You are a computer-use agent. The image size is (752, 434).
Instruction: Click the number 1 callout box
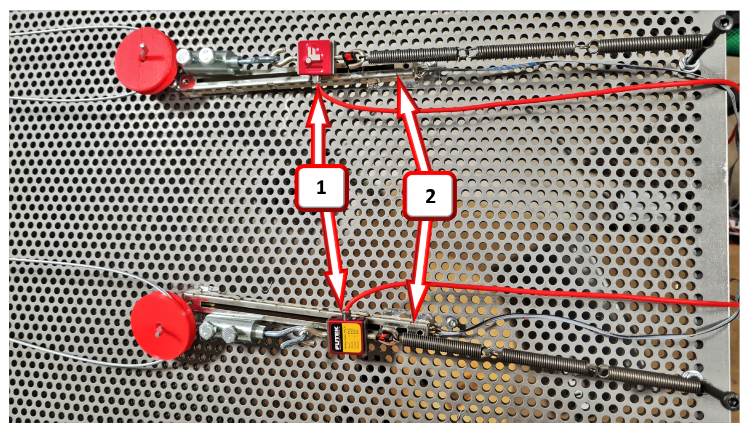321,188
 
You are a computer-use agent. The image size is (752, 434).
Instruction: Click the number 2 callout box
430,196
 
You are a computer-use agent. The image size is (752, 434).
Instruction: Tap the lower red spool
160,325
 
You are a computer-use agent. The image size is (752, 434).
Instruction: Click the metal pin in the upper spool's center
143,51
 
